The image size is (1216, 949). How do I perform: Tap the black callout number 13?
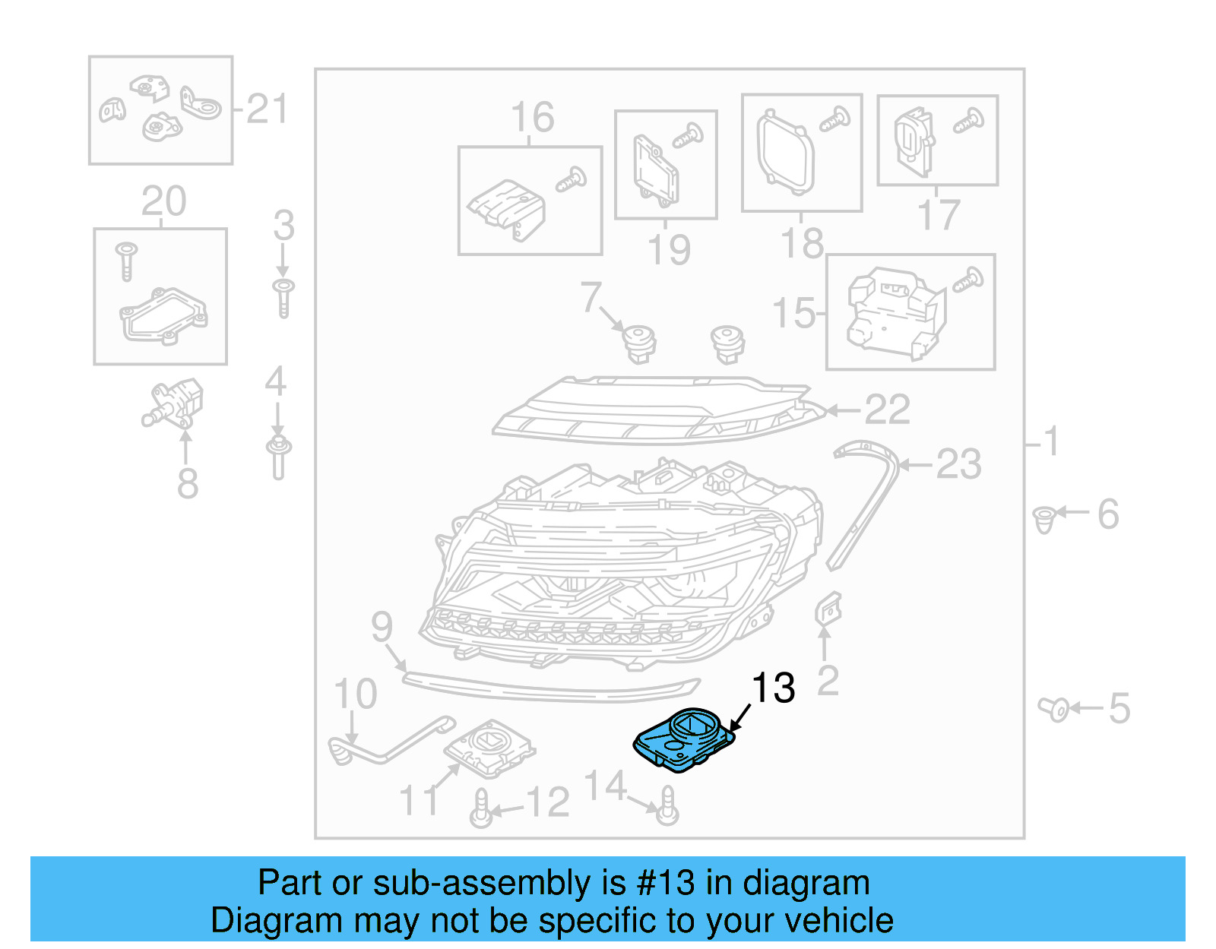pos(773,688)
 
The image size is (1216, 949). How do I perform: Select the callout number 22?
pos(887,410)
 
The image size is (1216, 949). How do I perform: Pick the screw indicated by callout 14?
pos(667,806)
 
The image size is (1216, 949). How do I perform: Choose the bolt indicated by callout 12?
pos(481,808)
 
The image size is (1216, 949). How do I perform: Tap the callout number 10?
pos(355,694)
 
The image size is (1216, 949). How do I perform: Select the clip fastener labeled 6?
pos(1044,520)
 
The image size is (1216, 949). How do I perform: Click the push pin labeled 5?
pos(1055,710)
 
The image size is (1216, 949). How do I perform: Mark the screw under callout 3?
pos(283,297)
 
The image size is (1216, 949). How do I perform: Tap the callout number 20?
pos(163,201)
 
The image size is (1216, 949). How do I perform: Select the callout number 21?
pos(267,109)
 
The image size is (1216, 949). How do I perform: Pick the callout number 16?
pos(532,118)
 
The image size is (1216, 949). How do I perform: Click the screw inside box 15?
pos(968,281)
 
